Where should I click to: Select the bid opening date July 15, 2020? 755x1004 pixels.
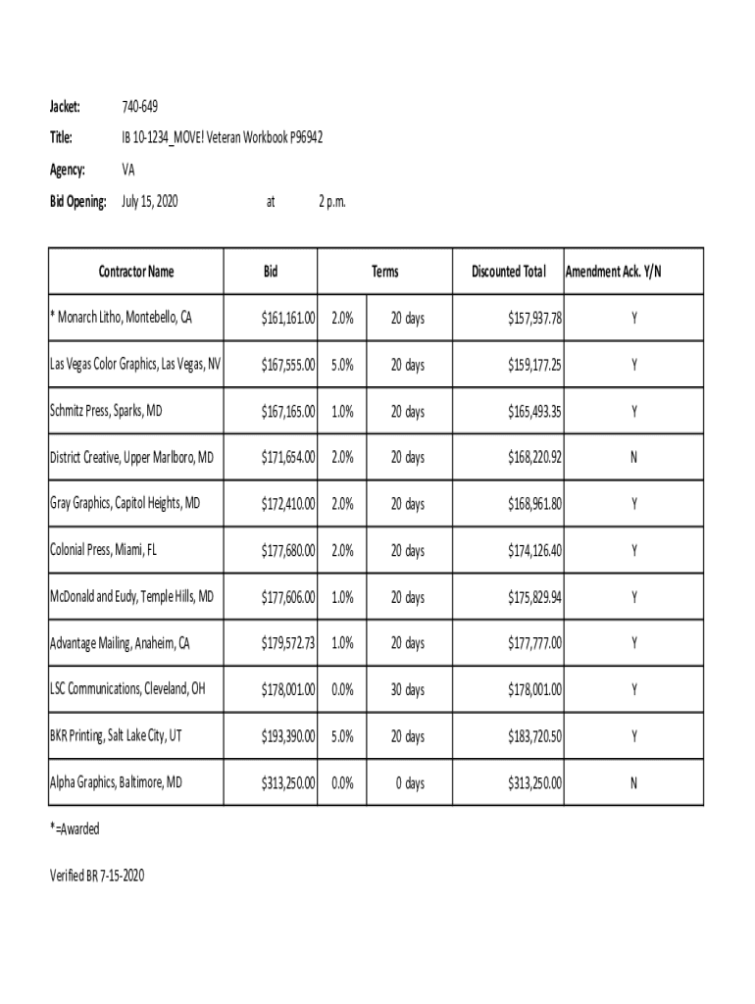click(149, 202)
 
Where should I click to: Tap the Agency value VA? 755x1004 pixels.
click(128, 170)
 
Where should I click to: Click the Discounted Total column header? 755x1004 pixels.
click(508, 272)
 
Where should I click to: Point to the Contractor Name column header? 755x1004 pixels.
click(136, 272)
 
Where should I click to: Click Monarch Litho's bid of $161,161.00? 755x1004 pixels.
click(288, 319)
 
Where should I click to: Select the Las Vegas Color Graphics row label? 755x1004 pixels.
click(135, 365)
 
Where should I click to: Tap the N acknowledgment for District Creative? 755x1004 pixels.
click(634, 458)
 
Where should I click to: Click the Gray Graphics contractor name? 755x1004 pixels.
click(125, 504)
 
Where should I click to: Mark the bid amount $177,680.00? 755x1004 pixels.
click(288, 551)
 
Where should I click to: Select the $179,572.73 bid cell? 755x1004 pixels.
click(288, 643)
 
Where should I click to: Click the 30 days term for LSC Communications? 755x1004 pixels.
click(407, 690)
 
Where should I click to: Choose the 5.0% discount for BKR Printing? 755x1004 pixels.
click(342, 736)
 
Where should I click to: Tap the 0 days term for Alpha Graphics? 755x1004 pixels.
click(410, 782)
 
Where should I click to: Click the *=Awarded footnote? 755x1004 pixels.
click(75, 829)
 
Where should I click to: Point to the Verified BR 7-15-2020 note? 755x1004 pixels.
click(97, 876)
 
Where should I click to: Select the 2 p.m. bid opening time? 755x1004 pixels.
click(332, 202)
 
